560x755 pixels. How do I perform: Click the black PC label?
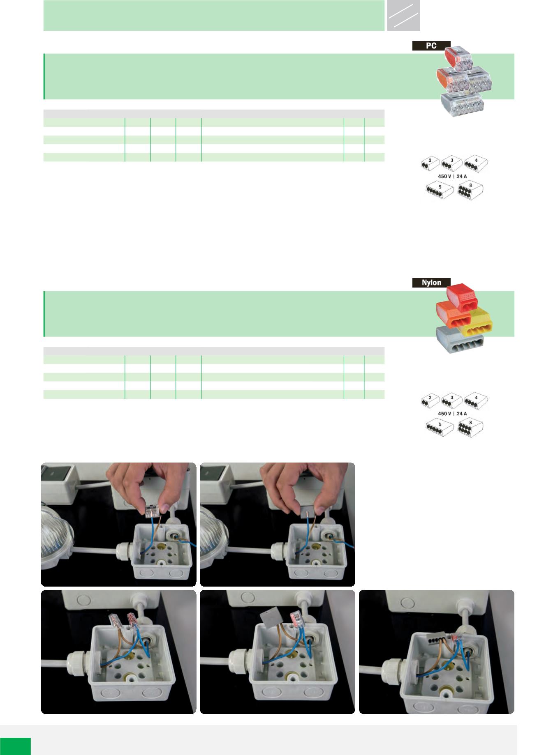click(431, 46)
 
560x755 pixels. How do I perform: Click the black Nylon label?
click(431, 283)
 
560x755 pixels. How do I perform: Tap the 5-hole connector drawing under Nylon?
click(440, 428)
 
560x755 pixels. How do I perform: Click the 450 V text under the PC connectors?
click(445, 176)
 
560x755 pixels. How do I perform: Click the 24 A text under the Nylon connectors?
click(462, 414)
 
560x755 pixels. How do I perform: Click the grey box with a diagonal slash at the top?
click(403, 15)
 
